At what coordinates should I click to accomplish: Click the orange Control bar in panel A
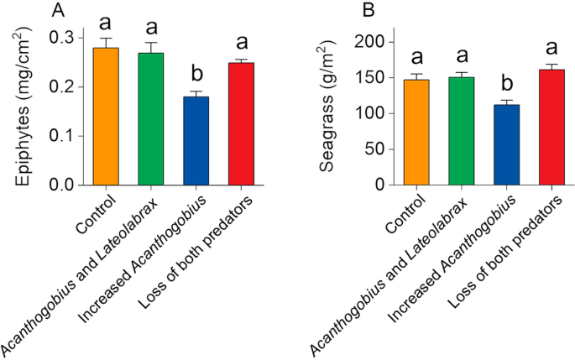tap(106, 117)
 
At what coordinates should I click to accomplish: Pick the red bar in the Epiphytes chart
tap(241, 123)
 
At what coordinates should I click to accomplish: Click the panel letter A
tap(58, 11)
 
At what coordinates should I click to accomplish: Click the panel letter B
tap(367, 11)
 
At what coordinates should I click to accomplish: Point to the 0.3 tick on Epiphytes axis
tap(62, 38)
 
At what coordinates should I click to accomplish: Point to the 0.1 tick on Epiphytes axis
tap(62, 136)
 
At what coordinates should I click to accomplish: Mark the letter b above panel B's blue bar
tap(507, 83)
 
